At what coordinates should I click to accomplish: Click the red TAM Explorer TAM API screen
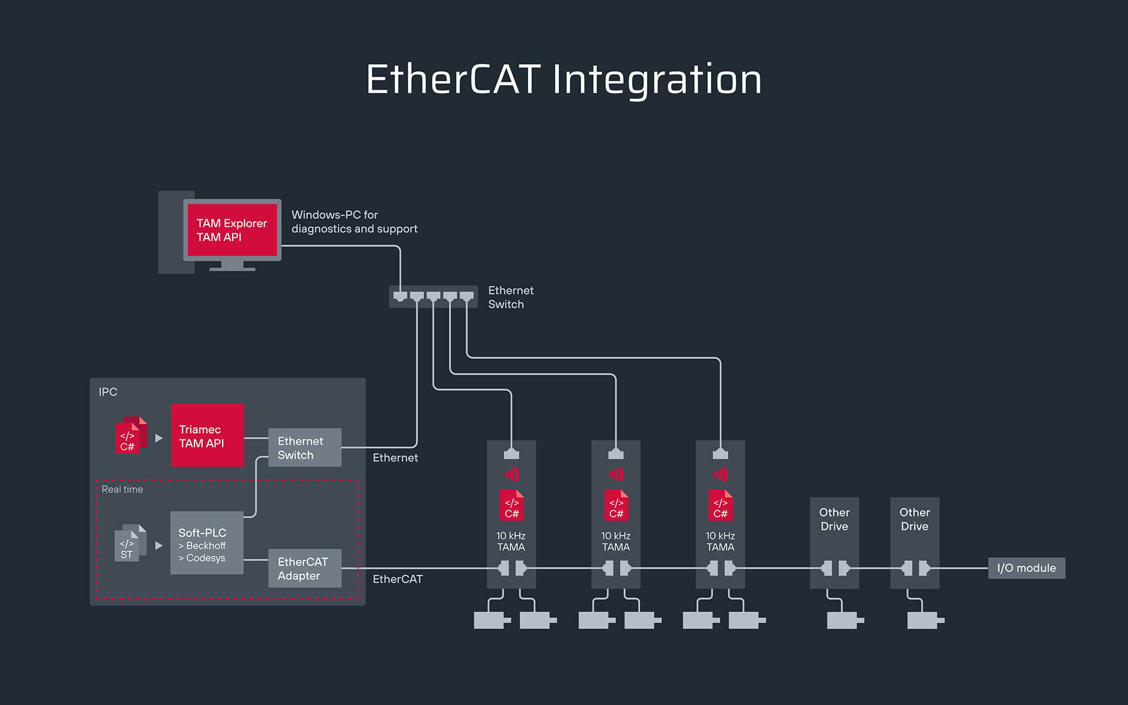click(232, 230)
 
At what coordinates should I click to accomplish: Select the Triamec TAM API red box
click(207, 435)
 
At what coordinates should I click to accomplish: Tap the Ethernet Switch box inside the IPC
click(304, 448)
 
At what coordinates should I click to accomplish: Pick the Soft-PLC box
click(206, 543)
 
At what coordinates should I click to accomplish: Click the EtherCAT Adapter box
click(304, 569)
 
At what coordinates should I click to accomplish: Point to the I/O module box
click(1026, 568)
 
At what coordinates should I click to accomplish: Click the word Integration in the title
click(657, 79)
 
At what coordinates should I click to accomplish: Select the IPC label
click(108, 392)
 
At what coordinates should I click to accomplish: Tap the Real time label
click(122, 489)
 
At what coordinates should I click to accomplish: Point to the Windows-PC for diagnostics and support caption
click(354, 222)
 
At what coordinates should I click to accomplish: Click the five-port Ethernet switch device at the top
click(433, 297)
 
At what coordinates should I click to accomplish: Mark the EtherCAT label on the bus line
click(398, 579)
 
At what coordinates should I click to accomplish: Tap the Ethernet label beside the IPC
click(395, 458)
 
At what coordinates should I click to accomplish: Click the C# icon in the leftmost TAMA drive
click(511, 505)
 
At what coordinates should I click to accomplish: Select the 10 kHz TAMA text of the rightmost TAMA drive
click(720, 542)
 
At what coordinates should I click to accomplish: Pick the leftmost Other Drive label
click(834, 519)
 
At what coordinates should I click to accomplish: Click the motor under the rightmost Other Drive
click(924, 620)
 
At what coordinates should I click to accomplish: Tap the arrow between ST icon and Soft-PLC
click(159, 546)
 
